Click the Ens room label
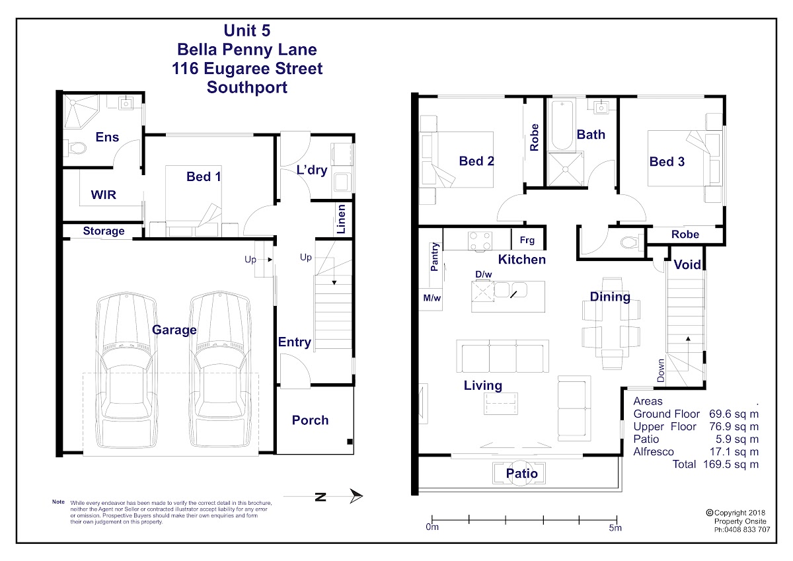coord(107,137)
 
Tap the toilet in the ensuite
coord(75,147)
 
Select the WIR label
coord(103,195)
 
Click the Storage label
coord(104,231)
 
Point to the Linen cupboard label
coord(340,219)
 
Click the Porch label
coord(310,420)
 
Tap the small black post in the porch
coord(350,441)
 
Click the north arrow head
coord(356,496)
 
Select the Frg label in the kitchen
coord(527,241)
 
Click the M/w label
coord(432,298)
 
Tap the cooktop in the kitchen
coord(480,241)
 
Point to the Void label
coord(687,264)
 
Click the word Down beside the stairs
coord(661,371)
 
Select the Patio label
coord(522,473)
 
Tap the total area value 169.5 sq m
coord(731,465)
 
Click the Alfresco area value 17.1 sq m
coord(734,451)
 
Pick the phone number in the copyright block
coord(742,530)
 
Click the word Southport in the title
coord(247,87)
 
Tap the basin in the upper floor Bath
coord(601,107)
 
